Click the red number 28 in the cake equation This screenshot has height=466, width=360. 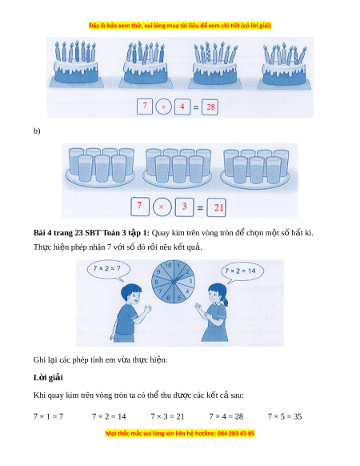pyautogui.click(x=210, y=106)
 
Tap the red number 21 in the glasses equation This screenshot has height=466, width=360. pyautogui.click(x=218, y=207)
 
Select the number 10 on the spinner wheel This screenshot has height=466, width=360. pyautogui.click(x=169, y=265)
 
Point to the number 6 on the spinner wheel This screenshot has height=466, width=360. pyautogui.click(x=169, y=298)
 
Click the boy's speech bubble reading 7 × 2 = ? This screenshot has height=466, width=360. pyautogui.click(x=108, y=270)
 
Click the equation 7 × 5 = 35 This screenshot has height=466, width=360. pyautogui.click(x=285, y=416)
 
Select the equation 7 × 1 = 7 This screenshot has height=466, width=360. pyautogui.click(x=48, y=416)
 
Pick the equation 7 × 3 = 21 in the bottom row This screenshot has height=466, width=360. pyautogui.click(x=167, y=416)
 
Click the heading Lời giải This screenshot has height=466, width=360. pyautogui.click(x=48, y=377)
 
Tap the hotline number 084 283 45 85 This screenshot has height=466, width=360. pyautogui.click(x=235, y=433)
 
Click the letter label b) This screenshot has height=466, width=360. pyautogui.click(x=37, y=131)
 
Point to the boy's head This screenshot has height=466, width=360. pyautogui.click(x=131, y=293)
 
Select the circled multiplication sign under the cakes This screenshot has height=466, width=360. pyautogui.click(x=163, y=107)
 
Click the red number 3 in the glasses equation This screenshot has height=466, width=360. pyautogui.click(x=184, y=207)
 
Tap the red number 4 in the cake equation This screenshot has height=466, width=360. pyautogui.click(x=182, y=106)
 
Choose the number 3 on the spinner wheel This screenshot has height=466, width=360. pyautogui.click(x=190, y=281)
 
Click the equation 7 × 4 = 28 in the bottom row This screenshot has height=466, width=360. pyautogui.click(x=226, y=416)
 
